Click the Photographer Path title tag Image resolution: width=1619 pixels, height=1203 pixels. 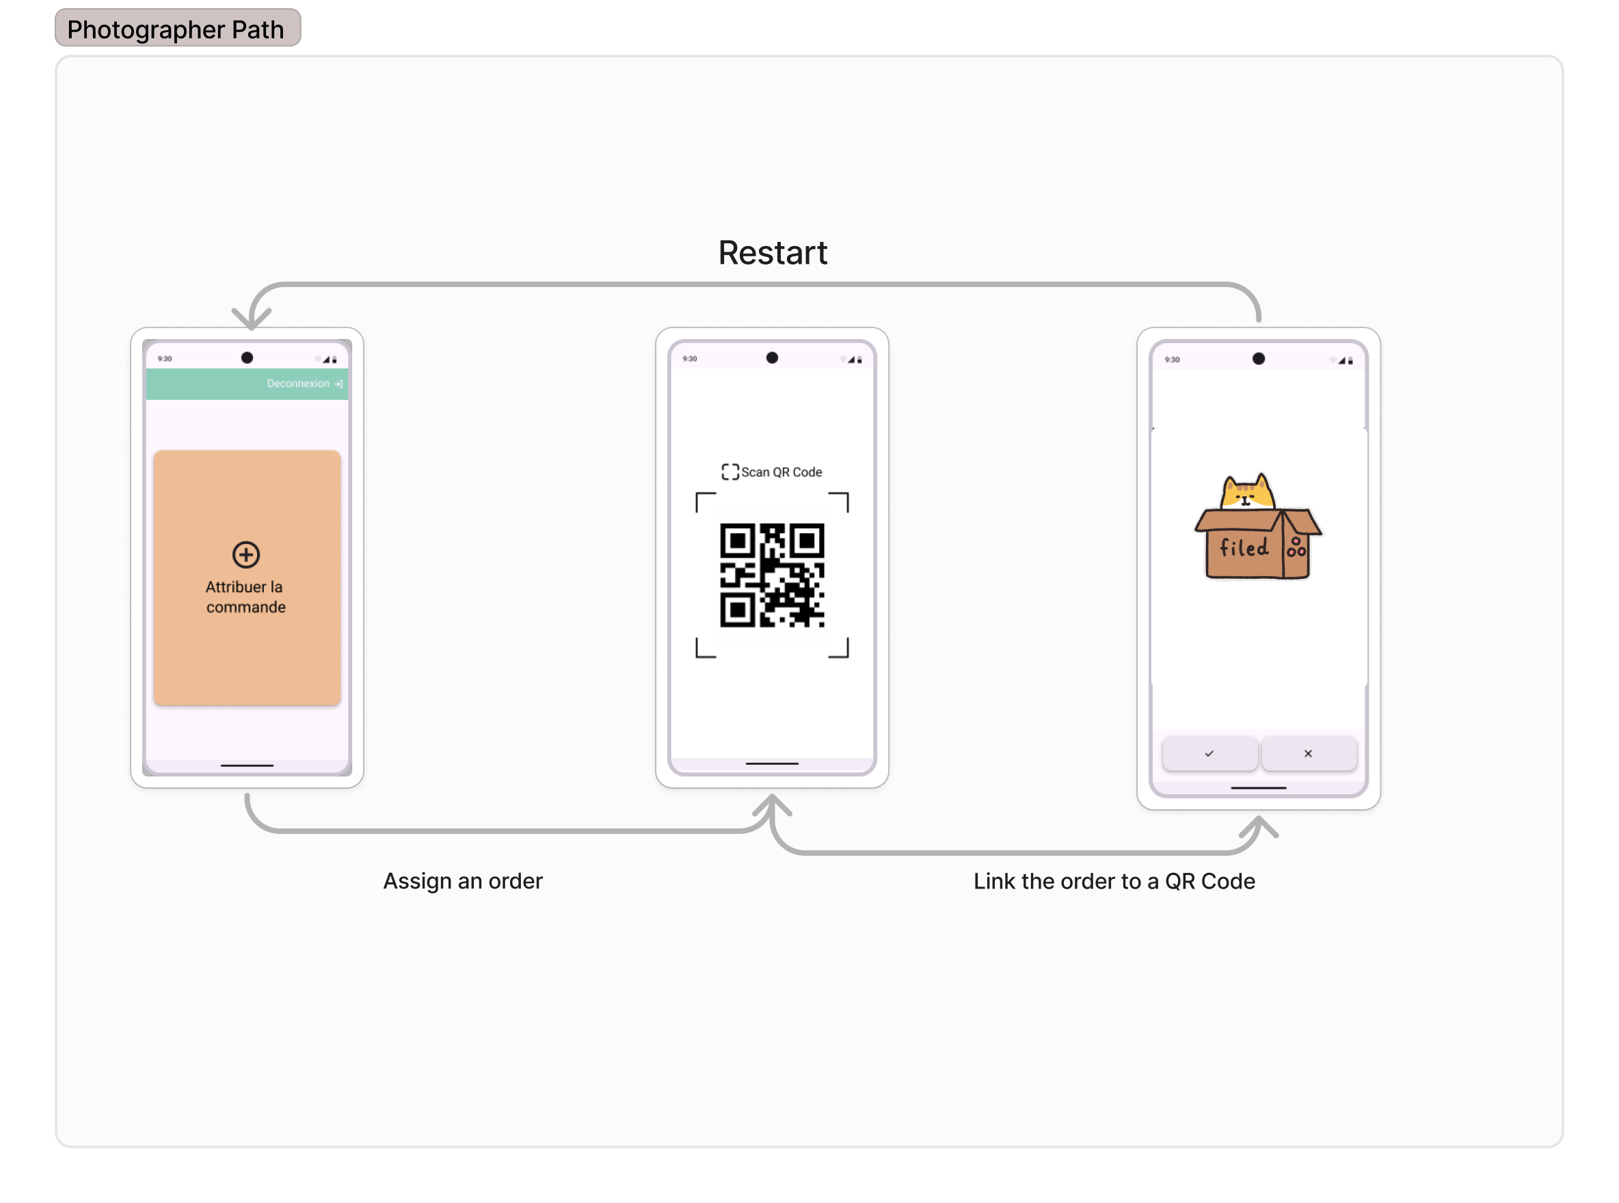177,29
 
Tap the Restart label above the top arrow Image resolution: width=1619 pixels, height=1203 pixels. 772,253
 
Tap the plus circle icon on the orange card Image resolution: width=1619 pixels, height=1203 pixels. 246,555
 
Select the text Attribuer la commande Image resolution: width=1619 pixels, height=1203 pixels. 245,597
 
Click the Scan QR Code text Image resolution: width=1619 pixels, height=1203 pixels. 781,472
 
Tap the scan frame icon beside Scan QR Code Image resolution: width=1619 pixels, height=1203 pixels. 730,472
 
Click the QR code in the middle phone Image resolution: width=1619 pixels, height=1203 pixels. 771,576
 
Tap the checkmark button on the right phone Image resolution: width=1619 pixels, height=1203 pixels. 1209,754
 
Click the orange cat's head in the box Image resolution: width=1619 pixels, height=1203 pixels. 1247,493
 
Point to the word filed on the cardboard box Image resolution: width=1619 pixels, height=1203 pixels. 1243,548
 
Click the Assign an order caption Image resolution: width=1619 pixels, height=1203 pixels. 462,881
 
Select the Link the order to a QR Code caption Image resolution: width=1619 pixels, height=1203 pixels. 1114,881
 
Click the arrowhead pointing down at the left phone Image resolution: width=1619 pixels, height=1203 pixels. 252,319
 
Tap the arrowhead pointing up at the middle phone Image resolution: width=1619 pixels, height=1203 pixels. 771,805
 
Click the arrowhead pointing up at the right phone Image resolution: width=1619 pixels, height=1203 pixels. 1259,826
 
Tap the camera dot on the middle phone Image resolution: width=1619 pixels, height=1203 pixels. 772,357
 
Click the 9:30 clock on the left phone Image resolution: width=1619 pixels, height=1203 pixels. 165,359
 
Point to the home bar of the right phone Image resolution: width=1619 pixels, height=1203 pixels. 1258,788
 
